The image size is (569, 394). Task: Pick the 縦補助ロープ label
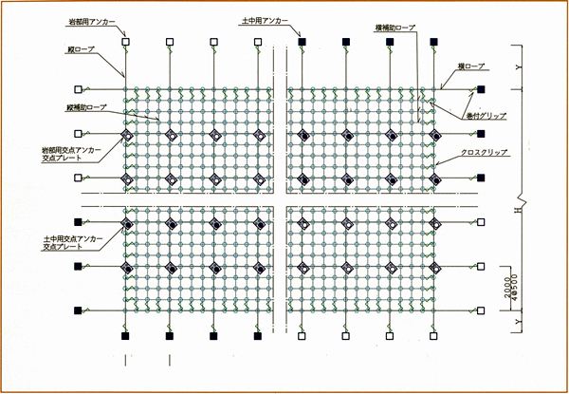pos(86,107)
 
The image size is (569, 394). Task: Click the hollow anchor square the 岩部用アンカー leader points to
pos(126,42)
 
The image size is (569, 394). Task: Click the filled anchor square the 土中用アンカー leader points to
pos(302,42)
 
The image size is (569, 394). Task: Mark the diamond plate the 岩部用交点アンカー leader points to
pos(126,135)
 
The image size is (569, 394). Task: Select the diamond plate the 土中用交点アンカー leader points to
pos(126,224)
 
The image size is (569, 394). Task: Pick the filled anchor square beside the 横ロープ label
pos(481,89)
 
